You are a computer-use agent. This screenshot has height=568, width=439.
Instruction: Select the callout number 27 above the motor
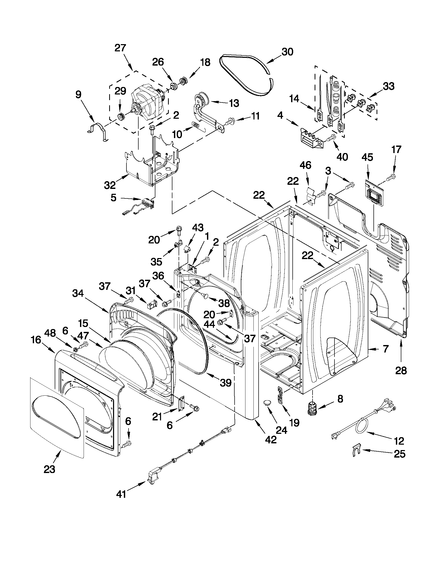(120, 48)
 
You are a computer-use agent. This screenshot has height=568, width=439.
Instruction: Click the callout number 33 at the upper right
(389, 86)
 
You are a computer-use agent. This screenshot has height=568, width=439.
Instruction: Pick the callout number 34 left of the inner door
(78, 293)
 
